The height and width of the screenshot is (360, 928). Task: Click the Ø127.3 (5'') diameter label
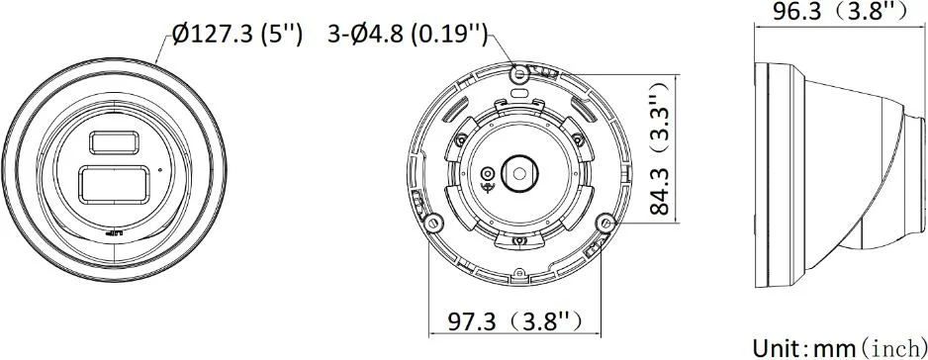point(237,35)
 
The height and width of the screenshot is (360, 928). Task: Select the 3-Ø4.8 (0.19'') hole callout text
point(408,35)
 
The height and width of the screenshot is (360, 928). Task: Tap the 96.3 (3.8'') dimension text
point(840,10)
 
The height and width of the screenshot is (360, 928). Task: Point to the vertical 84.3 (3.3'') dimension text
point(661,147)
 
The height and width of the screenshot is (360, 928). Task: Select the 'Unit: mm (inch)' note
point(840,347)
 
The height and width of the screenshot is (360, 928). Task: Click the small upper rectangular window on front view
point(114,143)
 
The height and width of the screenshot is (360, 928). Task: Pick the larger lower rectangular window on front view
point(114,184)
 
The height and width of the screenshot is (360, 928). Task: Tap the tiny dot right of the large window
point(161,170)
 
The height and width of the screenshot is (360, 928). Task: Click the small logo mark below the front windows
point(114,233)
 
